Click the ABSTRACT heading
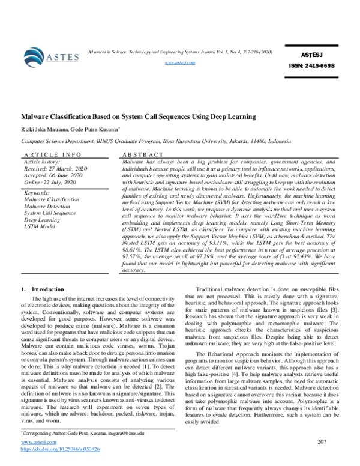click(x=142, y=154)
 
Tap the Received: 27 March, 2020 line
click(x=55, y=168)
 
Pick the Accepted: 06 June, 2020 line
click(x=55, y=175)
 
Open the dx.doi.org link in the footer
click(x=60, y=465)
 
